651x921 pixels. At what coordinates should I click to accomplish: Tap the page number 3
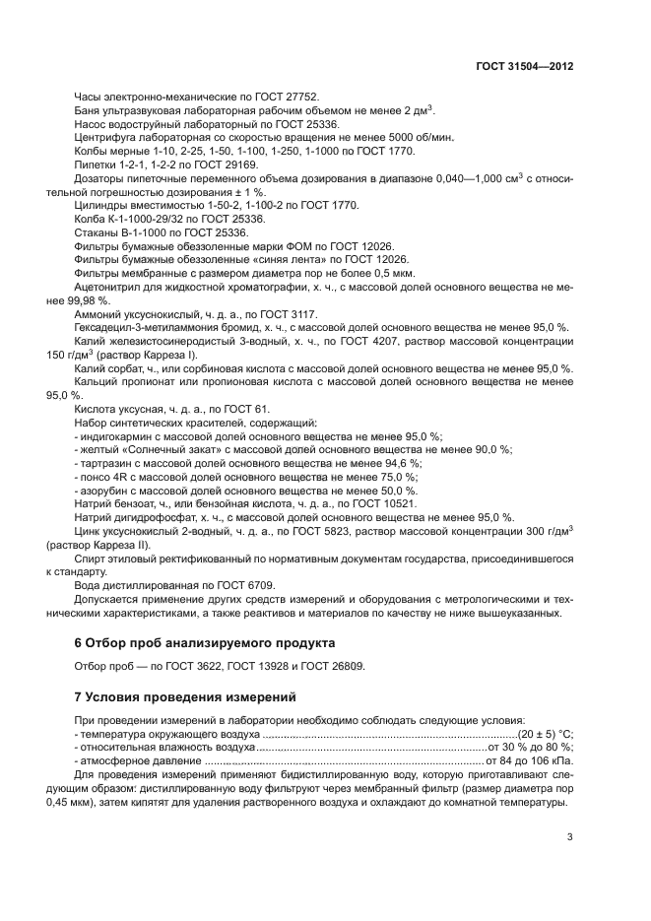pyautogui.click(x=570, y=837)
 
